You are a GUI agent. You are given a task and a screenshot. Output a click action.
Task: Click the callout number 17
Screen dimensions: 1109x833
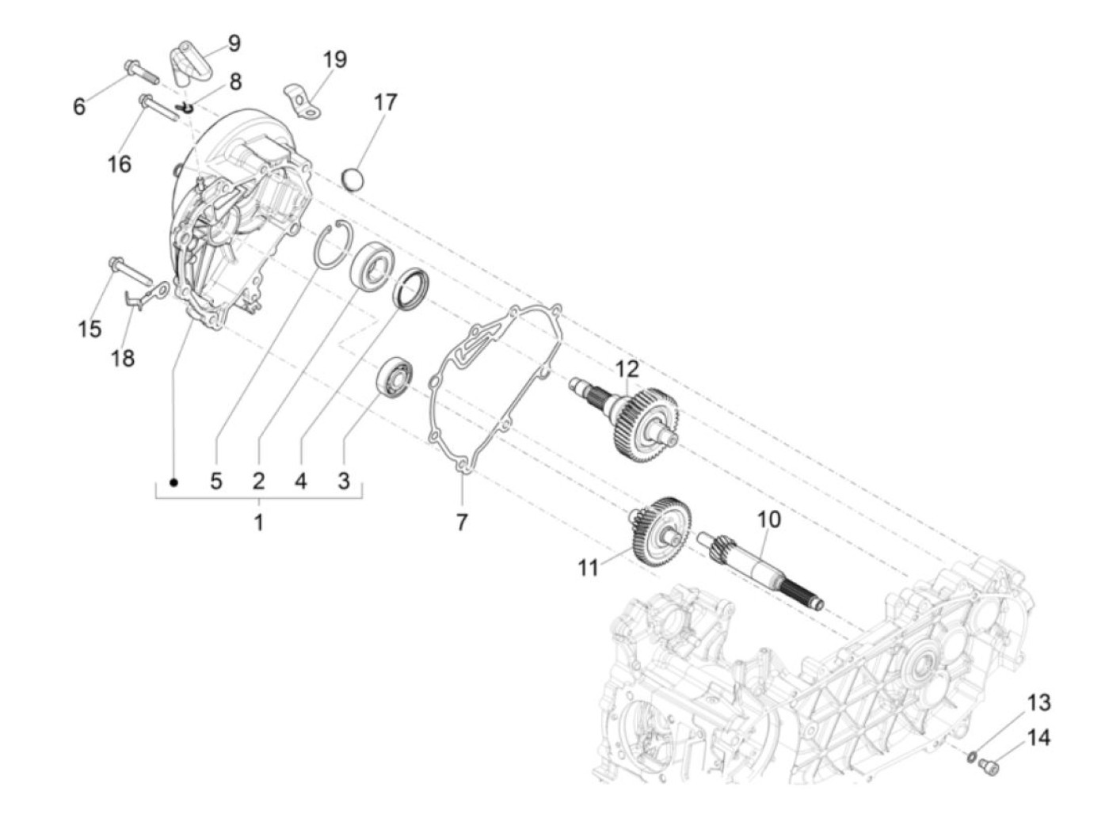(386, 102)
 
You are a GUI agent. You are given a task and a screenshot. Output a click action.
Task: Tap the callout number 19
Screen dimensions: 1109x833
(335, 59)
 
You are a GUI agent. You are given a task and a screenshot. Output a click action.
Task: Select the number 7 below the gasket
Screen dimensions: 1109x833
(462, 523)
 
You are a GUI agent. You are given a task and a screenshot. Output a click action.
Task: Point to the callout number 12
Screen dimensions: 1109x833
(627, 370)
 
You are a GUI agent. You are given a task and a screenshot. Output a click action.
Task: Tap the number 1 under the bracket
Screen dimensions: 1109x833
(259, 523)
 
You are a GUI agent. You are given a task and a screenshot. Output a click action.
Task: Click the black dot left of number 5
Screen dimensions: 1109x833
(173, 483)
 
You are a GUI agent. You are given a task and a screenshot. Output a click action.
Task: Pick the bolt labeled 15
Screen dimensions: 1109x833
(130, 271)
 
